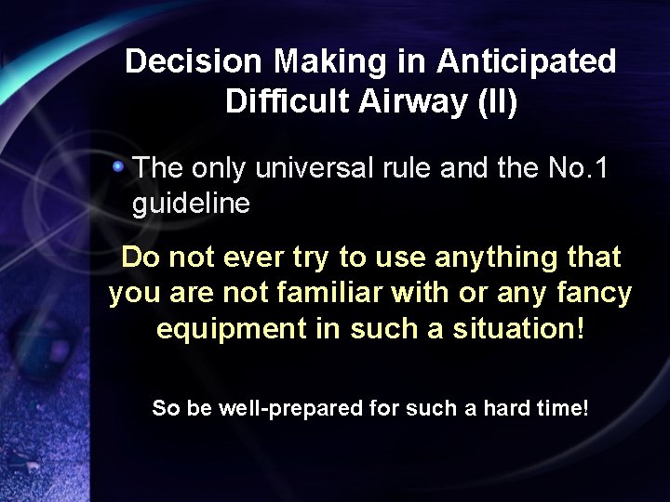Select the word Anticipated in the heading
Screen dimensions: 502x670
(526, 62)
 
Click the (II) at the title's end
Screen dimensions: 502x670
(497, 101)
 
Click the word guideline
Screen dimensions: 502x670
(191, 204)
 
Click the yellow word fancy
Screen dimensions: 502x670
(593, 294)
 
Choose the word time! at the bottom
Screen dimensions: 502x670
(559, 408)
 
